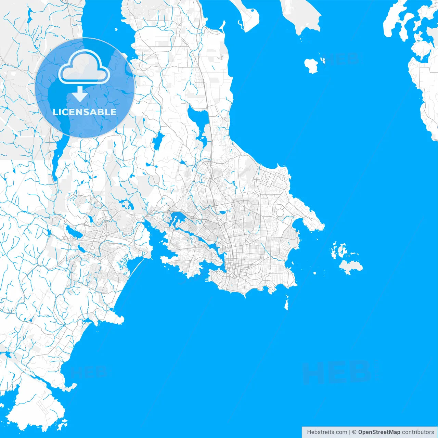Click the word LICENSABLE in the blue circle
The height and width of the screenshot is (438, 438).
click(x=85, y=112)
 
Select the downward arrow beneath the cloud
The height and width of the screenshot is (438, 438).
click(x=80, y=94)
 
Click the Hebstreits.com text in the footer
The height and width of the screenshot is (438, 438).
click(x=326, y=432)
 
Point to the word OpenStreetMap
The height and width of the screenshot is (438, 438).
click(x=379, y=432)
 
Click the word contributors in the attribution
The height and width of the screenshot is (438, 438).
click(x=417, y=432)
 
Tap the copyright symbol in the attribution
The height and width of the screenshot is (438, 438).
click(x=355, y=432)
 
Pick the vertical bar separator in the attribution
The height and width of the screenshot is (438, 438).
click(x=349, y=432)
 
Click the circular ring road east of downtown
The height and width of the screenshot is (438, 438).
click(x=280, y=212)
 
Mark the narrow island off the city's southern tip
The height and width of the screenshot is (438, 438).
click(x=287, y=303)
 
